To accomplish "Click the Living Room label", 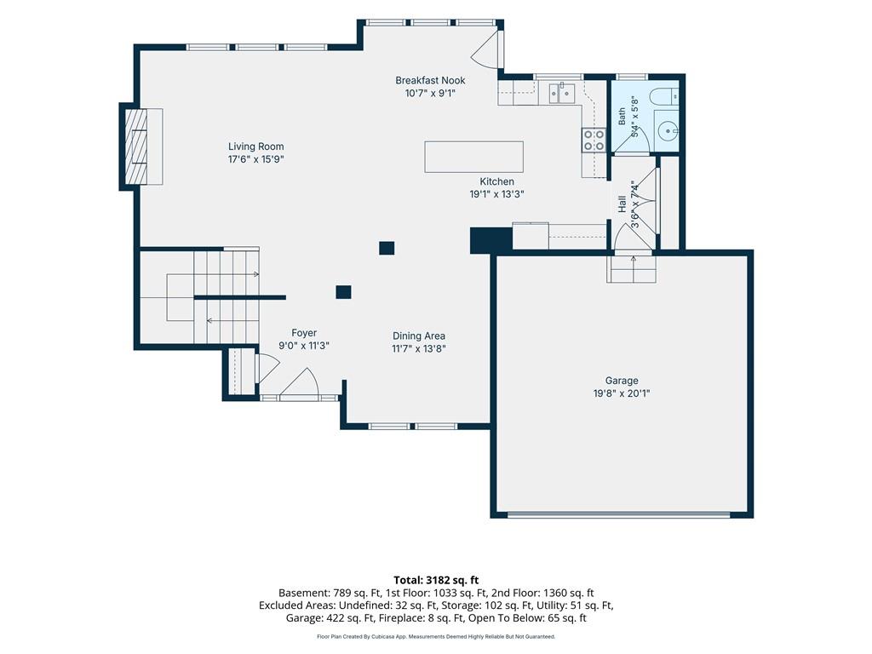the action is [x=255, y=146].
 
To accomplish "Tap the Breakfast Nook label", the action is [x=430, y=80].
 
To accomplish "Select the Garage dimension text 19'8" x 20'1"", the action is [x=621, y=393].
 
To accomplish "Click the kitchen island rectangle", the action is [x=473, y=157].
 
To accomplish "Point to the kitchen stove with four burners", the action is [x=594, y=141].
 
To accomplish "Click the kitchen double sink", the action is [x=562, y=93].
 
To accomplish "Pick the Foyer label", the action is [x=304, y=333].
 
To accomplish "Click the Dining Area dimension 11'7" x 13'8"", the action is [x=419, y=348].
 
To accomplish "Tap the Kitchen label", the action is [x=496, y=181].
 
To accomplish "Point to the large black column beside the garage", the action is [x=491, y=240].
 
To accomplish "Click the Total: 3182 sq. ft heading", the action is [x=436, y=581].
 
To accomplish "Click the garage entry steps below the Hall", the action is [x=633, y=269].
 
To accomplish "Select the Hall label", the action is [x=622, y=204].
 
